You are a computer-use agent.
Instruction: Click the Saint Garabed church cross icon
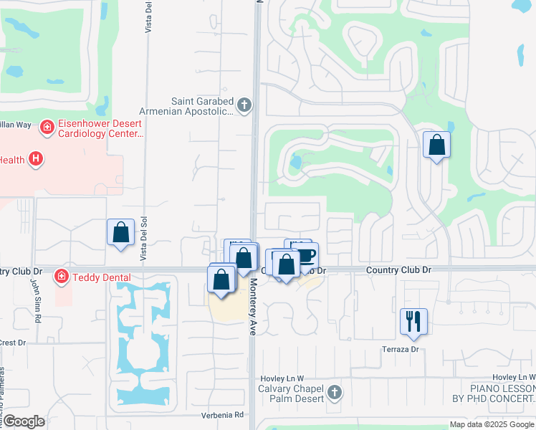tap(244, 106)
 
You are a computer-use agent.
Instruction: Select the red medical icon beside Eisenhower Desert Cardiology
tap(47, 128)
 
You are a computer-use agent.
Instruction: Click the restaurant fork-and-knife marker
tap(413, 320)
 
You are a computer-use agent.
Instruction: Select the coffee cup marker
tap(306, 254)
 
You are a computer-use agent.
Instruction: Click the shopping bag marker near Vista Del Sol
tap(120, 232)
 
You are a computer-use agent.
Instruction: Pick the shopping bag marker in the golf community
tap(436, 145)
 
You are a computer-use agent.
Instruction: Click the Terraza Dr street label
tap(401, 349)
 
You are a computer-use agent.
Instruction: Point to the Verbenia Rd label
tap(225, 415)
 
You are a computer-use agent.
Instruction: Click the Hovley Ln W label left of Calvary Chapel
tap(282, 378)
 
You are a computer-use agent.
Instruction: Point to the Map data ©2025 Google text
tap(491, 424)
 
